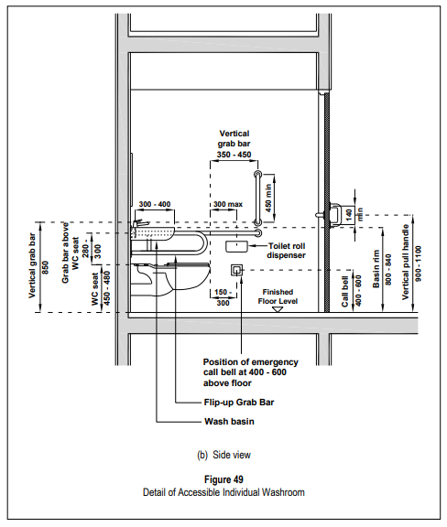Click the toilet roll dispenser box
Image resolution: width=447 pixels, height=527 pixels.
(236, 247)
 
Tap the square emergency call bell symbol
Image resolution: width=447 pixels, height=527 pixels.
(236, 270)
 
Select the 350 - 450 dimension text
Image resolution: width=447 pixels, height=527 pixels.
(234, 155)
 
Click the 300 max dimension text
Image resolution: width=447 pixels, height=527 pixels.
(228, 204)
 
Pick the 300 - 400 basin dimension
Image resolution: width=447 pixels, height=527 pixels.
(155, 204)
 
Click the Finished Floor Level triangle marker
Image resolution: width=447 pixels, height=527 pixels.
(278, 309)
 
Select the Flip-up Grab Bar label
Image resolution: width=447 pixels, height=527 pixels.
(239, 403)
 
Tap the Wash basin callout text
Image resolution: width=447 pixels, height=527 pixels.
(229, 422)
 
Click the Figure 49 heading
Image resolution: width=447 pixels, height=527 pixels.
(223, 479)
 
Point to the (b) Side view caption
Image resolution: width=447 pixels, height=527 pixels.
(223, 455)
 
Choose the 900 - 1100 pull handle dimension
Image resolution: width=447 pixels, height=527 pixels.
(418, 263)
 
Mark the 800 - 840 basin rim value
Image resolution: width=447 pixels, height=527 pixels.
(388, 270)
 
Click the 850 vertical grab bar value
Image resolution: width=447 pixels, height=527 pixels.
(46, 267)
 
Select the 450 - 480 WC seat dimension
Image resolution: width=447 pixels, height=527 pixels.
(106, 288)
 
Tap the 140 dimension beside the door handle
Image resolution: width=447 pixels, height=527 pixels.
(349, 214)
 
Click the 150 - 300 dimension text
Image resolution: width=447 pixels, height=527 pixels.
(223, 297)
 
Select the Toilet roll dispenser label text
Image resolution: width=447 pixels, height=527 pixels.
(287, 251)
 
